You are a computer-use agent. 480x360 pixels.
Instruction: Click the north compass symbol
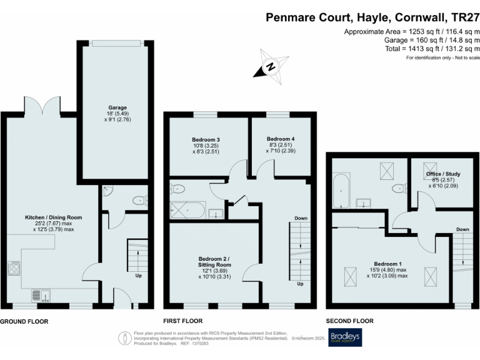pos(269,66)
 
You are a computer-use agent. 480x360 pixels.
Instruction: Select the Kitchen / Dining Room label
pos(54,217)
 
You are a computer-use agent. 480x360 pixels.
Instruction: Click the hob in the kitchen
pos(14,269)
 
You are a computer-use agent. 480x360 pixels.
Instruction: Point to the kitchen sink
pos(41,293)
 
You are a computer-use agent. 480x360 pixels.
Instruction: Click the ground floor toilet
pos(140,201)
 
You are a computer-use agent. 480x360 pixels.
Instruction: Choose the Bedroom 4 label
pos(280,139)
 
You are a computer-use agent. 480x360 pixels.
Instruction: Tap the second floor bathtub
pos(340,191)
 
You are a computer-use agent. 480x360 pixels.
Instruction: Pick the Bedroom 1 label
pos(388,263)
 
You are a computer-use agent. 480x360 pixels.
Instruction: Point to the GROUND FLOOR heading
pos(24,321)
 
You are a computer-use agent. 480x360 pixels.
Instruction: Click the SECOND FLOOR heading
pos(350,321)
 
